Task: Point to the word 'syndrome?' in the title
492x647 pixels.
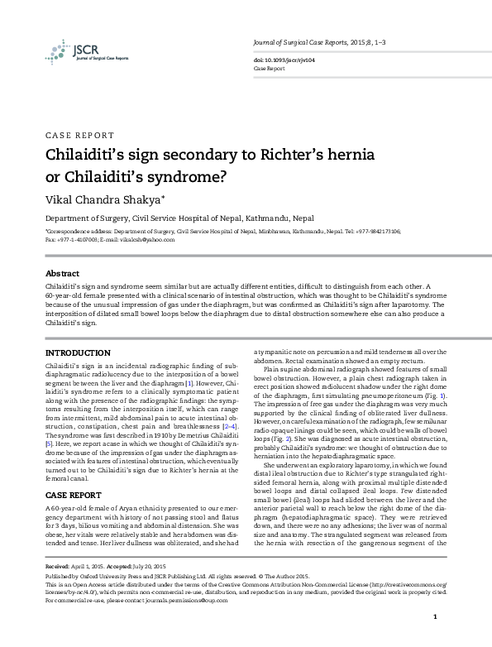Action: [x=185, y=177]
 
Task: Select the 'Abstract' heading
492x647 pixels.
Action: [x=62, y=273]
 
